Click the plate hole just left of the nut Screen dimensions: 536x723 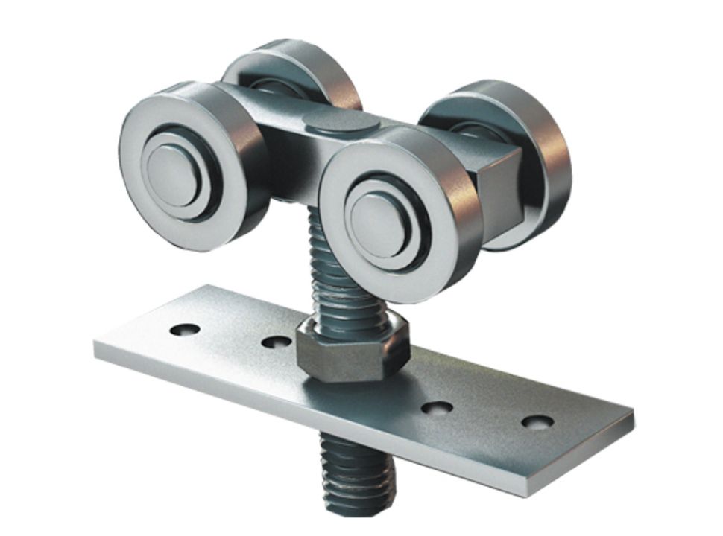point(277,342)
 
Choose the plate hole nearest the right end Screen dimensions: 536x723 point(537,421)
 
